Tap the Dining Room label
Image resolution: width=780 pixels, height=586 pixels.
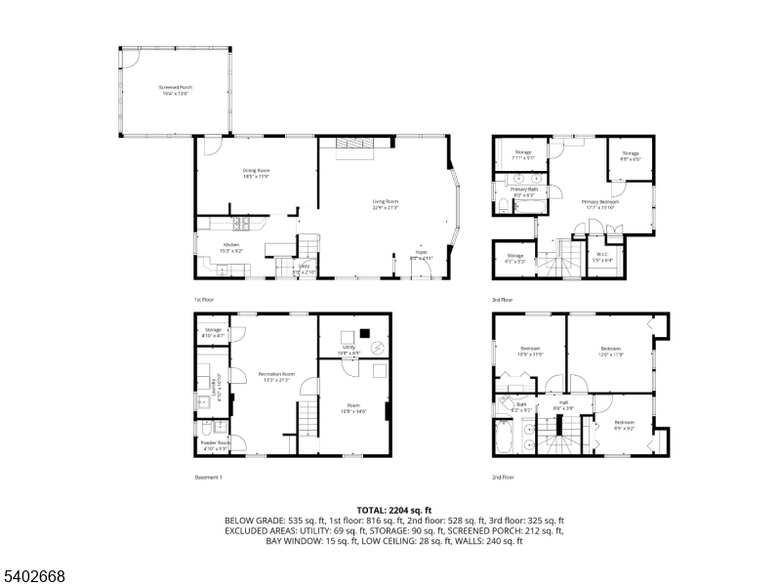point(257,173)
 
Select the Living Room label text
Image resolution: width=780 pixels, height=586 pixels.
point(386,204)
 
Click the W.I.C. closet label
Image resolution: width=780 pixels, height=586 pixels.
point(604,258)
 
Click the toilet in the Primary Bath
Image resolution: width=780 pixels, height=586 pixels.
point(501,206)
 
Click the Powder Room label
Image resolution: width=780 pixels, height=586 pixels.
point(216,444)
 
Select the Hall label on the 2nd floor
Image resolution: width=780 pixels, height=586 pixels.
point(563,403)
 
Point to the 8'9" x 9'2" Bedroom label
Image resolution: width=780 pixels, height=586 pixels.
point(624,426)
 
